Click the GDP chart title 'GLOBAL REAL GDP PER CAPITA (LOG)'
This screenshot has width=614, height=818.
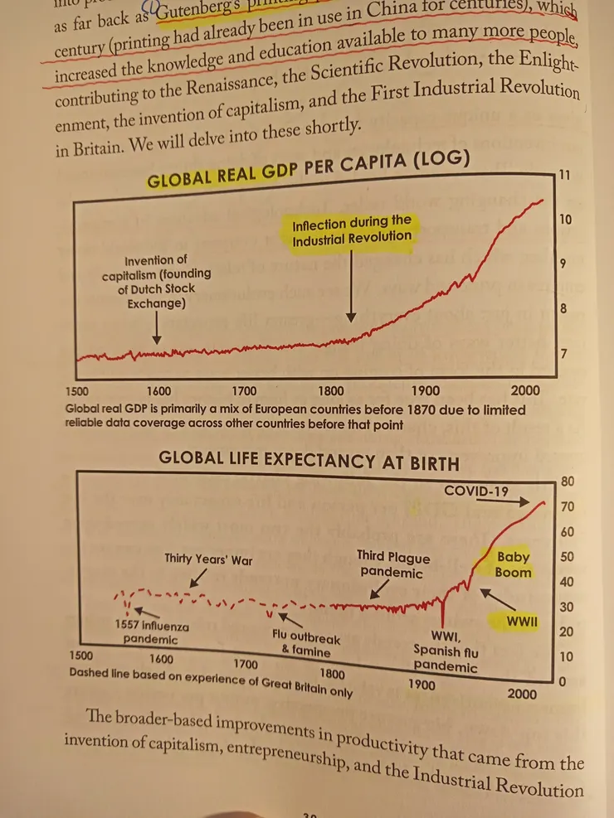point(308,171)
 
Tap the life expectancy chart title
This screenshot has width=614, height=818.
point(309,457)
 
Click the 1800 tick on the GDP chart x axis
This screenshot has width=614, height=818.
point(331,391)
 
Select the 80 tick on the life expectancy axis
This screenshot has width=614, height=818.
point(568,481)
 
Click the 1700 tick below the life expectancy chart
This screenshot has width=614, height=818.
point(246,664)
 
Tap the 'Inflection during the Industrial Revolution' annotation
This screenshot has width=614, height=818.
point(351,230)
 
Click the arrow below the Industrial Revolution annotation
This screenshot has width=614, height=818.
point(351,287)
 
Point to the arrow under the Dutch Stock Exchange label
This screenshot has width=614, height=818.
point(157,331)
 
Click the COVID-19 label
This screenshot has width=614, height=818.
point(476,491)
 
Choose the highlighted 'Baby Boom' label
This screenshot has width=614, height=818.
point(513,564)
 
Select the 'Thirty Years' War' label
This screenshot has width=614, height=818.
point(208,559)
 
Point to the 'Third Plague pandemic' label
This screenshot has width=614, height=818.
point(393,564)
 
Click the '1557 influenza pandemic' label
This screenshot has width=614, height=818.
point(150,632)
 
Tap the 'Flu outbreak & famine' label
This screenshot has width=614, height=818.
point(306,644)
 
